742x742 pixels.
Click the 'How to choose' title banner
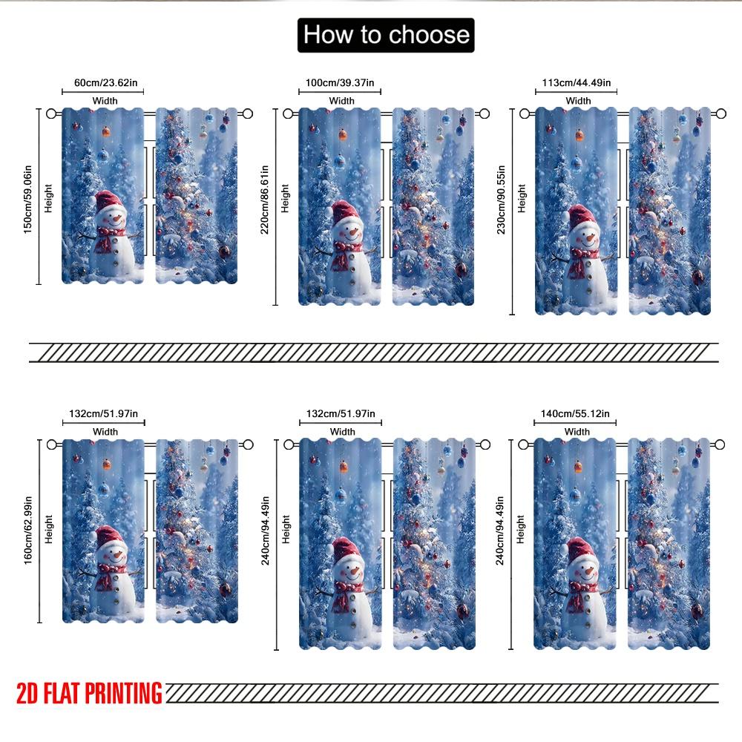(386, 35)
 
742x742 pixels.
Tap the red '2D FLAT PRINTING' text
(89, 694)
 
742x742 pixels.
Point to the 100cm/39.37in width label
(341, 82)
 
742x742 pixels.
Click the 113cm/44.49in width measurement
(576, 82)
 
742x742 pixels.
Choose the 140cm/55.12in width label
(576, 413)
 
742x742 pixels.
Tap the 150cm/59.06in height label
(28, 197)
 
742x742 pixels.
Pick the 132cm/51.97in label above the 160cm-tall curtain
(104, 413)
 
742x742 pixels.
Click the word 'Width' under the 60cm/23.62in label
(105, 100)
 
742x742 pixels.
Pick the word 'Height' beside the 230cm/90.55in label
(522, 199)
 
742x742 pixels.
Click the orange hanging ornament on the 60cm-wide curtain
(105, 131)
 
